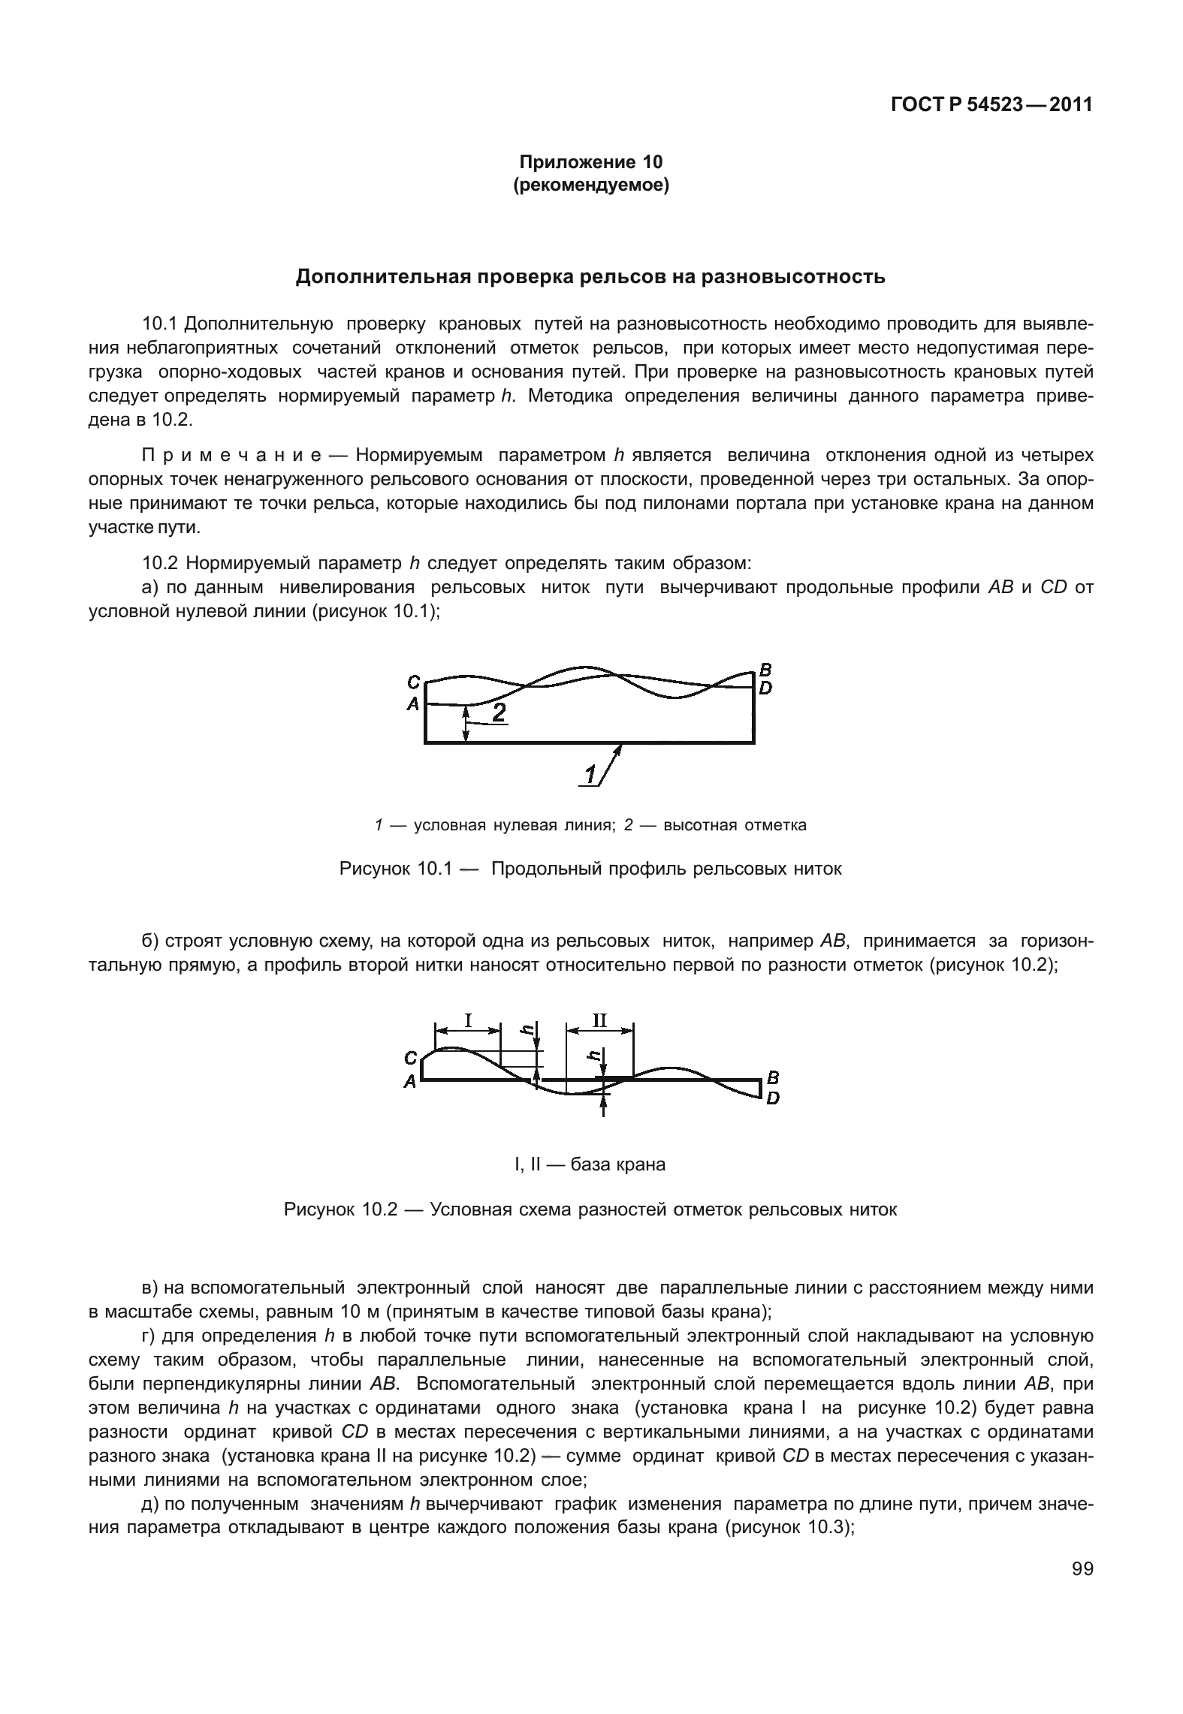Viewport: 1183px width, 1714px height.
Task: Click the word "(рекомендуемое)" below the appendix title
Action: (x=590, y=185)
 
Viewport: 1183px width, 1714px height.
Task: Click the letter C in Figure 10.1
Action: (x=413, y=682)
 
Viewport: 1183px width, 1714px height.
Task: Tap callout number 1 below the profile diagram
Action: (x=591, y=773)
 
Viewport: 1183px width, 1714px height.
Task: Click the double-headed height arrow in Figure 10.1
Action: (x=466, y=724)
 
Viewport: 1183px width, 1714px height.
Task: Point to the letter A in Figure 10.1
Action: (x=412, y=704)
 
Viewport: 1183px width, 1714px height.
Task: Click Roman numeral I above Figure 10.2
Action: (x=468, y=1020)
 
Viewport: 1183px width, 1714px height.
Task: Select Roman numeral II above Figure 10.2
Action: (x=599, y=1020)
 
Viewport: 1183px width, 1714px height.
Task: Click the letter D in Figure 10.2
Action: (x=772, y=1098)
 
